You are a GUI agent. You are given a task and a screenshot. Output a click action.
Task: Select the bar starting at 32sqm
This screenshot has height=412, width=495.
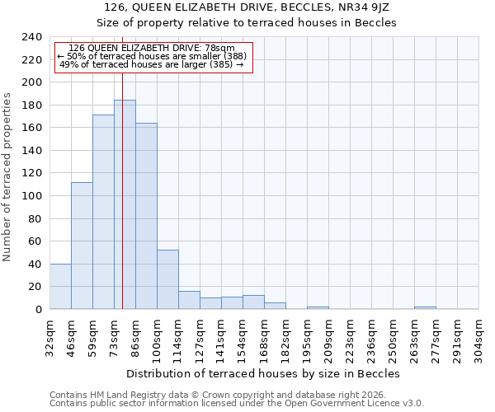(60, 286)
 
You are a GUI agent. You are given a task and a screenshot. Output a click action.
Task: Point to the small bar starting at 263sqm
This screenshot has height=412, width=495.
(425, 307)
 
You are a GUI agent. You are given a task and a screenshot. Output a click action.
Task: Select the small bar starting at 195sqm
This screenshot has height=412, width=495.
(318, 307)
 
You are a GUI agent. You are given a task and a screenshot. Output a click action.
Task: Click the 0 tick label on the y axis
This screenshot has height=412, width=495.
(39, 309)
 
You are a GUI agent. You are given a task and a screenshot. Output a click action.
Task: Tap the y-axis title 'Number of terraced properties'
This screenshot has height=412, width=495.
(7, 177)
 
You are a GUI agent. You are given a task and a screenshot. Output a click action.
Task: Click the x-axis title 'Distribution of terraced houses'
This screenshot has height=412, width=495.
(263, 373)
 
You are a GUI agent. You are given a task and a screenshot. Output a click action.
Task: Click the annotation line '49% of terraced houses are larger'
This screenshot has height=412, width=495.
(152, 64)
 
